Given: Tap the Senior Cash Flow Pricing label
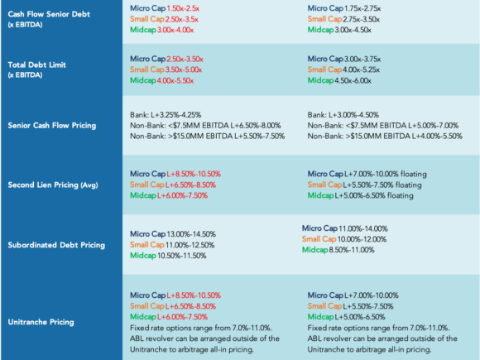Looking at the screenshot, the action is (x=52, y=126).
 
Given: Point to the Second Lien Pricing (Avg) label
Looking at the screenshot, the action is (x=53, y=185).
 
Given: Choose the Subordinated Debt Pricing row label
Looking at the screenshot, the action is (x=56, y=245).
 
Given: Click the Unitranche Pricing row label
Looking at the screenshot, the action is (x=41, y=322).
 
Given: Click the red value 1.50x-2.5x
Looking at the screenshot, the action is (x=183, y=8).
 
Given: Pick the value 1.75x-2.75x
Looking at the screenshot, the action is (x=362, y=8).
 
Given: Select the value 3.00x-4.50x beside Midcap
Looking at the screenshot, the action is (x=353, y=30).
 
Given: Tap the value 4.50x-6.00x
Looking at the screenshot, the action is (x=353, y=80).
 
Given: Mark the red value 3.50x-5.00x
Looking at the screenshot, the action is (x=184, y=70).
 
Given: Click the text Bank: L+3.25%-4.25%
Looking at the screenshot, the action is (x=166, y=115).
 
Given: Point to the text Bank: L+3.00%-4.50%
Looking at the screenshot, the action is (x=343, y=115).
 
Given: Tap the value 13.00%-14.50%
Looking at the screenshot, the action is (x=191, y=234).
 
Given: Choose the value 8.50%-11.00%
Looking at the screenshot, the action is (x=352, y=250).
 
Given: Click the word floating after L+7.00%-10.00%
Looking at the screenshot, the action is (x=414, y=174).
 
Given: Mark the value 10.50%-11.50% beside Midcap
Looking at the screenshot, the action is (x=182, y=256).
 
